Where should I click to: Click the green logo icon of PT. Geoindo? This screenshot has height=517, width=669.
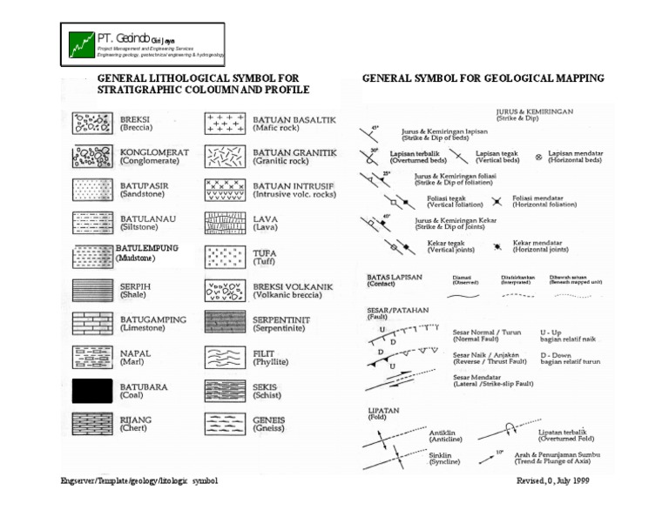tap(82, 44)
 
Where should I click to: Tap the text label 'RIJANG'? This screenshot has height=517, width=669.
tap(136, 420)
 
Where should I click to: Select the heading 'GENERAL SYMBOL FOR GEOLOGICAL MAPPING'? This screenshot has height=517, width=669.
tap(483, 78)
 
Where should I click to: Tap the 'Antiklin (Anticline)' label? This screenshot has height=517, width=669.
tap(446, 435)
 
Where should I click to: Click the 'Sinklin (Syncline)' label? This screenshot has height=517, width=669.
tap(445, 458)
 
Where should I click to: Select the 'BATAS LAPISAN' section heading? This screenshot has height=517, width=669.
tap(395, 278)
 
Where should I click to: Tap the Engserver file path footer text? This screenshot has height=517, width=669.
tap(139, 480)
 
